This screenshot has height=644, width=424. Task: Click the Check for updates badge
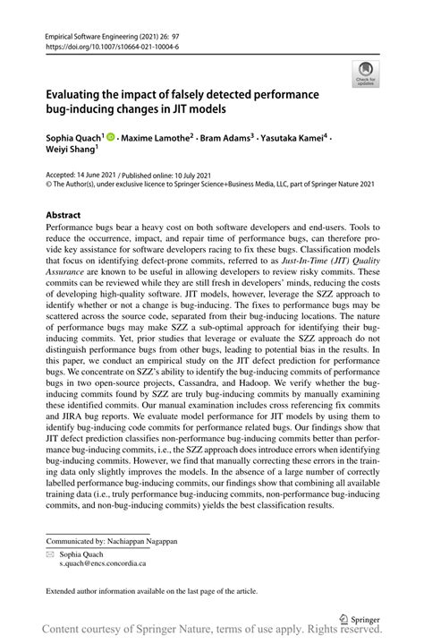tap(365, 73)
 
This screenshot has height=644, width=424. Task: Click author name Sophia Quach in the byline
tap(73, 139)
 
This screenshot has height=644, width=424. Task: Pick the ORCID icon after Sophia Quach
tap(112, 139)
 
